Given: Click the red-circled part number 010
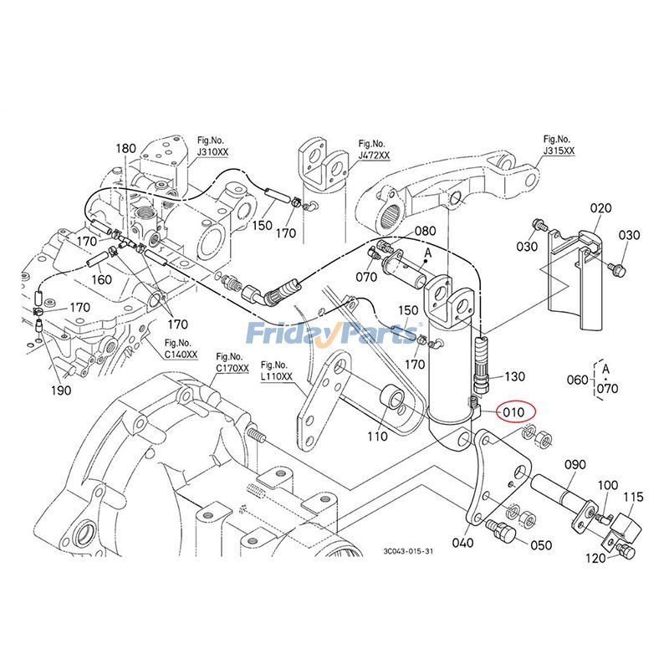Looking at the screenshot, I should (513, 411).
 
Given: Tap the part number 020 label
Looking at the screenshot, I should (601, 208).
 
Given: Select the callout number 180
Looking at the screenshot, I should (125, 149).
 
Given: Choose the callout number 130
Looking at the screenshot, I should (516, 378).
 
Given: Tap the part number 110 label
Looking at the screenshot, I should (376, 436).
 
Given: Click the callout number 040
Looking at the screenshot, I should (462, 542).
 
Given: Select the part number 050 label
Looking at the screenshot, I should (541, 545).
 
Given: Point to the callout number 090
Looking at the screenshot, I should (575, 464).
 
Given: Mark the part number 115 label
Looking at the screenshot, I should (633, 497).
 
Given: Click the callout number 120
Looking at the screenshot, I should (595, 558).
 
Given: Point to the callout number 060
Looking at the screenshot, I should (578, 380).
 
